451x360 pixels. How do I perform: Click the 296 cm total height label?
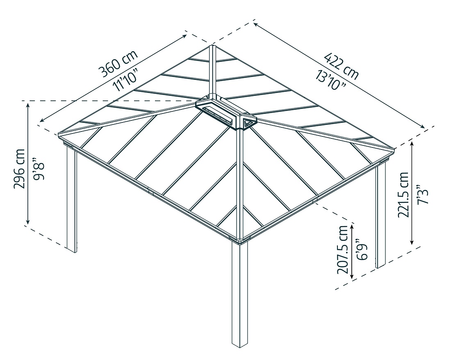coord(19,168)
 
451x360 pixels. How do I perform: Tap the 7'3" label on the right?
coord(422,195)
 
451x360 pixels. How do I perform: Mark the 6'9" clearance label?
coord(361,249)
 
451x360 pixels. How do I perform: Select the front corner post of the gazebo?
coord(240,295)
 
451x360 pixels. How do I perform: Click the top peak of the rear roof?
coord(212,46)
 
